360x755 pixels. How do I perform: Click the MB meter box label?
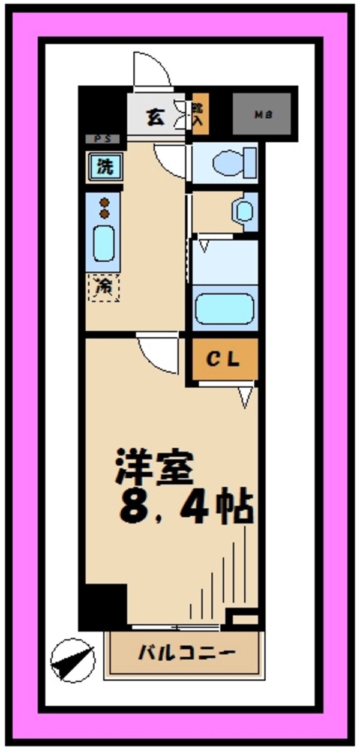(x=262, y=114)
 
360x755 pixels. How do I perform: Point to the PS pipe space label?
(x=103, y=139)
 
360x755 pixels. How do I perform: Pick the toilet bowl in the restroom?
(x=229, y=162)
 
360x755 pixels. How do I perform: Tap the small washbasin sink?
(x=244, y=211)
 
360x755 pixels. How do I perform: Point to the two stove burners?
(x=104, y=208)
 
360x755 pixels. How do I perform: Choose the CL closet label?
(x=224, y=360)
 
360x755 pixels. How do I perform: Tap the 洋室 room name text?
(x=155, y=466)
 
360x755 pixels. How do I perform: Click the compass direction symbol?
(x=73, y=660)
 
